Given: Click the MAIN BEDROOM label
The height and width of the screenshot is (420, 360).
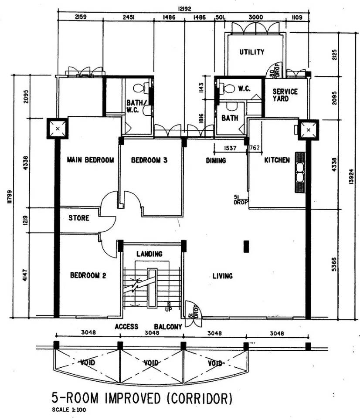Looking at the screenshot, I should pyautogui.click(x=90, y=160).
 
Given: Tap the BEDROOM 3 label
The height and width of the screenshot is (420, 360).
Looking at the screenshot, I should pyautogui.click(x=149, y=160).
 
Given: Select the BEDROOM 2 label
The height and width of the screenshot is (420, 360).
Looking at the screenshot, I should pyautogui.click(x=88, y=275).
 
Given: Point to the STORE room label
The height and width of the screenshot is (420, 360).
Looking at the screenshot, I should pyautogui.click(x=78, y=218).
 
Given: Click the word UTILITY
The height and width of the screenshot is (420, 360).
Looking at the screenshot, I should pyautogui.click(x=251, y=52).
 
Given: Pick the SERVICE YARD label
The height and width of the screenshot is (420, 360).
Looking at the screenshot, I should pyautogui.click(x=285, y=95).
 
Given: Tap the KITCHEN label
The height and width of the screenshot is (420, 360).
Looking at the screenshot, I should pyautogui.click(x=277, y=160).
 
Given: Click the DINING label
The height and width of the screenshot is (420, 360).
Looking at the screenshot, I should pyautogui.click(x=216, y=160).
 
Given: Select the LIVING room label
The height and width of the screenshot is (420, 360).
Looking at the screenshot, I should pyautogui.click(x=222, y=276).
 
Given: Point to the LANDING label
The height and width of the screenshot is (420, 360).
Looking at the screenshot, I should pyautogui.click(x=149, y=254).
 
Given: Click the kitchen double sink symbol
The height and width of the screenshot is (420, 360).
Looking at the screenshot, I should pyautogui.click(x=300, y=172).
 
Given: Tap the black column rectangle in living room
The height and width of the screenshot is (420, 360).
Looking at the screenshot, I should pyautogui.click(x=246, y=247).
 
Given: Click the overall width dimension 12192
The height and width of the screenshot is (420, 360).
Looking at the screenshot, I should pyautogui.click(x=183, y=8).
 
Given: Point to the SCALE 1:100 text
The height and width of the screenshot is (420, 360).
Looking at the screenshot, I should pyautogui.click(x=72, y=410).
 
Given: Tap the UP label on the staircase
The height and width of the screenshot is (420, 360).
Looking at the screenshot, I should pyautogui.click(x=168, y=309).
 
